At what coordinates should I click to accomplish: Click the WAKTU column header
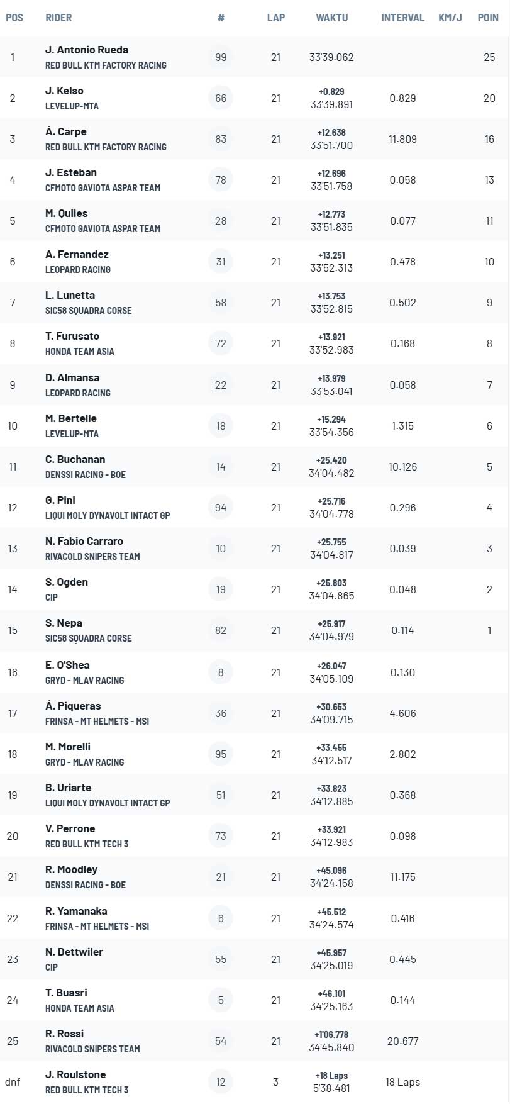[x=331, y=18]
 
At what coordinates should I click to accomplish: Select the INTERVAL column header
[x=402, y=18]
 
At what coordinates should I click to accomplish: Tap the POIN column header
[x=488, y=18]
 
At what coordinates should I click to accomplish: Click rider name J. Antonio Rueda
[x=87, y=50]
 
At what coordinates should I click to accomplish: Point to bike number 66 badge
[x=221, y=98]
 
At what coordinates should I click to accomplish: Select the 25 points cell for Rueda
[x=489, y=57]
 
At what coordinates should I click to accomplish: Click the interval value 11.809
[x=402, y=139]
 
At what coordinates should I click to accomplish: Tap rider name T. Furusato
[x=72, y=336]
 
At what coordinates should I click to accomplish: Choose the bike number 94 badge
[x=221, y=508]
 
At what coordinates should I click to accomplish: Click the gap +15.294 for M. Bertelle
[x=331, y=419]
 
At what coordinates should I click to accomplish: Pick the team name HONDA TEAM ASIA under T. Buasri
[x=80, y=1008]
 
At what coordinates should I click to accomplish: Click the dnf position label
[x=13, y=1082]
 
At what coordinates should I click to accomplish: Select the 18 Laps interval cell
[x=402, y=1082]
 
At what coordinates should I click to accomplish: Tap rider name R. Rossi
[x=64, y=1034]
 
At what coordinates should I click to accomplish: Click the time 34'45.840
[x=331, y=1047]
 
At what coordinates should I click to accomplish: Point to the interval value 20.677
[x=402, y=1041]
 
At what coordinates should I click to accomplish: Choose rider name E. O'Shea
[x=67, y=665]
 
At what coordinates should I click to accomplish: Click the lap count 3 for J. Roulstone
[x=275, y=1082]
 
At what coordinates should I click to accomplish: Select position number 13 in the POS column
[x=13, y=549]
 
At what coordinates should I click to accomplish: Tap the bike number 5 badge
[x=221, y=1000]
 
